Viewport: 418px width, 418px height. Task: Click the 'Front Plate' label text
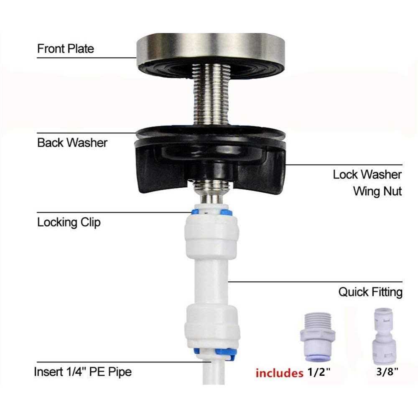pos(65,49)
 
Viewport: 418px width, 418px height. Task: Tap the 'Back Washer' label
pos(72,143)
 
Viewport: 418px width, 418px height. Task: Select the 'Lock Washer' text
pos(367,175)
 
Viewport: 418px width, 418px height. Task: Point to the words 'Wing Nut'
pos(377,191)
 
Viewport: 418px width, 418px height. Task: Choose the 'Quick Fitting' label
pos(370,292)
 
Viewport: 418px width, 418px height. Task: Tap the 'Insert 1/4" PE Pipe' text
pos(83,372)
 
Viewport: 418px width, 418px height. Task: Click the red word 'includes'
pos(279,373)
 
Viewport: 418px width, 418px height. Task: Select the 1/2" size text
pos(319,372)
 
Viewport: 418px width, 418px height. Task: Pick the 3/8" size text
pos(387,371)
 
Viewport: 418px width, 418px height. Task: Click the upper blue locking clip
pos(212,212)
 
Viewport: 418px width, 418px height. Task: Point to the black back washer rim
pos(211,132)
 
